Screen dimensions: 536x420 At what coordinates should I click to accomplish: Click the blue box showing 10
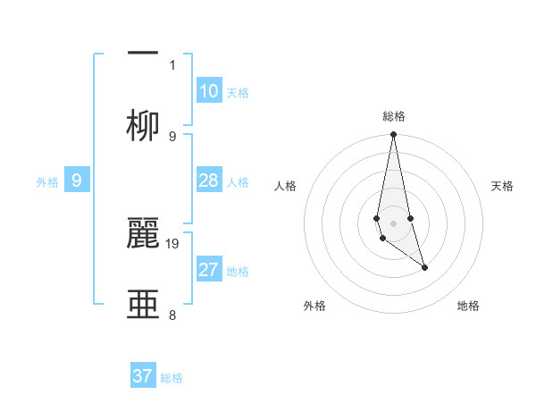pos(208,91)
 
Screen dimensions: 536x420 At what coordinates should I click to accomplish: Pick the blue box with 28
pos(208,181)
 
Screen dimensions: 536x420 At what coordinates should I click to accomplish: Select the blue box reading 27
pos(208,270)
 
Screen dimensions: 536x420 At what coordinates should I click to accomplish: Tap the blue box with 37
pos(143,376)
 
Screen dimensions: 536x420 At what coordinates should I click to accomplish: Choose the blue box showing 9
pos(77,181)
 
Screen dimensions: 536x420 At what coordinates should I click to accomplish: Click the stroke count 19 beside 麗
pos(173,243)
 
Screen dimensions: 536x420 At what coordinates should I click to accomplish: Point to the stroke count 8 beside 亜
pos(172,315)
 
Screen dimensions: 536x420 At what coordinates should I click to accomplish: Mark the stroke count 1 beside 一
pos(172,64)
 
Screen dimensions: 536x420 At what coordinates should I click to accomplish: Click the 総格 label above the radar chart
pos(394,116)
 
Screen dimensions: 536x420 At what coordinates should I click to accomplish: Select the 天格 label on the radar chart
pos(503,186)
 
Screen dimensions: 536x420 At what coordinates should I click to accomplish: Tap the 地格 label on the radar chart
pos(468,306)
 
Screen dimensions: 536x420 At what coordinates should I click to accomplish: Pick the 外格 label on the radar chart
pos(314,306)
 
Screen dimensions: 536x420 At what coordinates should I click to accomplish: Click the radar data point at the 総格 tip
pos(393,135)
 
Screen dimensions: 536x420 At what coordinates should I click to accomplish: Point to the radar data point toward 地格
pos(424,267)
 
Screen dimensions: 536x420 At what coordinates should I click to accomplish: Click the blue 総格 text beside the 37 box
pos(172,378)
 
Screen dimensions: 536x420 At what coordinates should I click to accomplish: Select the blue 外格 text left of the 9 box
pos(47,182)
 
